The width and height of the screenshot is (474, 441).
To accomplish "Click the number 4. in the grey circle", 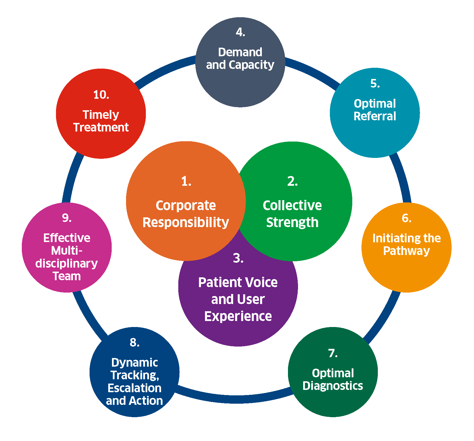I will (240, 32).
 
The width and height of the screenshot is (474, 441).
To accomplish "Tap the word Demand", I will (240, 52).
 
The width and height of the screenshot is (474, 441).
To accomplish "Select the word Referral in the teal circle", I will (375, 116).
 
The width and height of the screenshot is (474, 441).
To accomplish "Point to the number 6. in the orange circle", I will (406, 218).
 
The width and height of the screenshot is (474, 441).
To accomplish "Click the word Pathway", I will (406, 251).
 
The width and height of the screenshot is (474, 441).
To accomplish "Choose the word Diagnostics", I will (333, 386).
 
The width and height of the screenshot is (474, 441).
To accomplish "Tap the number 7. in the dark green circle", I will (332, 353).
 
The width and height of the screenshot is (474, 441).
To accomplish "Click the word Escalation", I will (134, 388).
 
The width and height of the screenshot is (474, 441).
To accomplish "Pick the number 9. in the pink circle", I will (67, 218).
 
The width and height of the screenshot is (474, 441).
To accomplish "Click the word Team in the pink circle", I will (67, 276).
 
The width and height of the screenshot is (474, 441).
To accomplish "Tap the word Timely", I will (101, 115).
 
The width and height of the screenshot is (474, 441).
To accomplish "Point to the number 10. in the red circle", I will (101, 95).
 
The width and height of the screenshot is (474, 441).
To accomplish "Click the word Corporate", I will (186, 206).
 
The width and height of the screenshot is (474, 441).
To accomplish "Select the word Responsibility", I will (186, 223).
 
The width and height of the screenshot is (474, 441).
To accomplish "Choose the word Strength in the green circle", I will (292, 223).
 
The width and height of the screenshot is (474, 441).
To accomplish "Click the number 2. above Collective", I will (292, 181).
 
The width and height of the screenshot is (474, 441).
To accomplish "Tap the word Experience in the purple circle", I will (238, 316).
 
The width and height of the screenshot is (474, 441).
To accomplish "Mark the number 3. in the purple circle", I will (238, 258).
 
